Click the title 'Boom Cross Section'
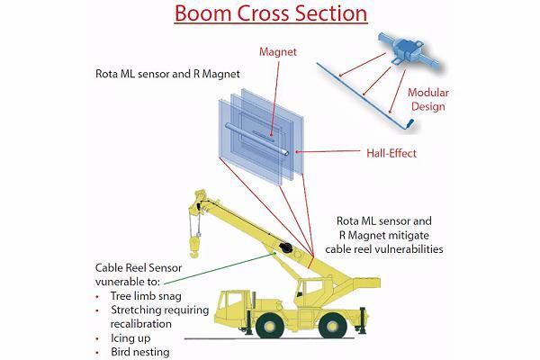(270, 15)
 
